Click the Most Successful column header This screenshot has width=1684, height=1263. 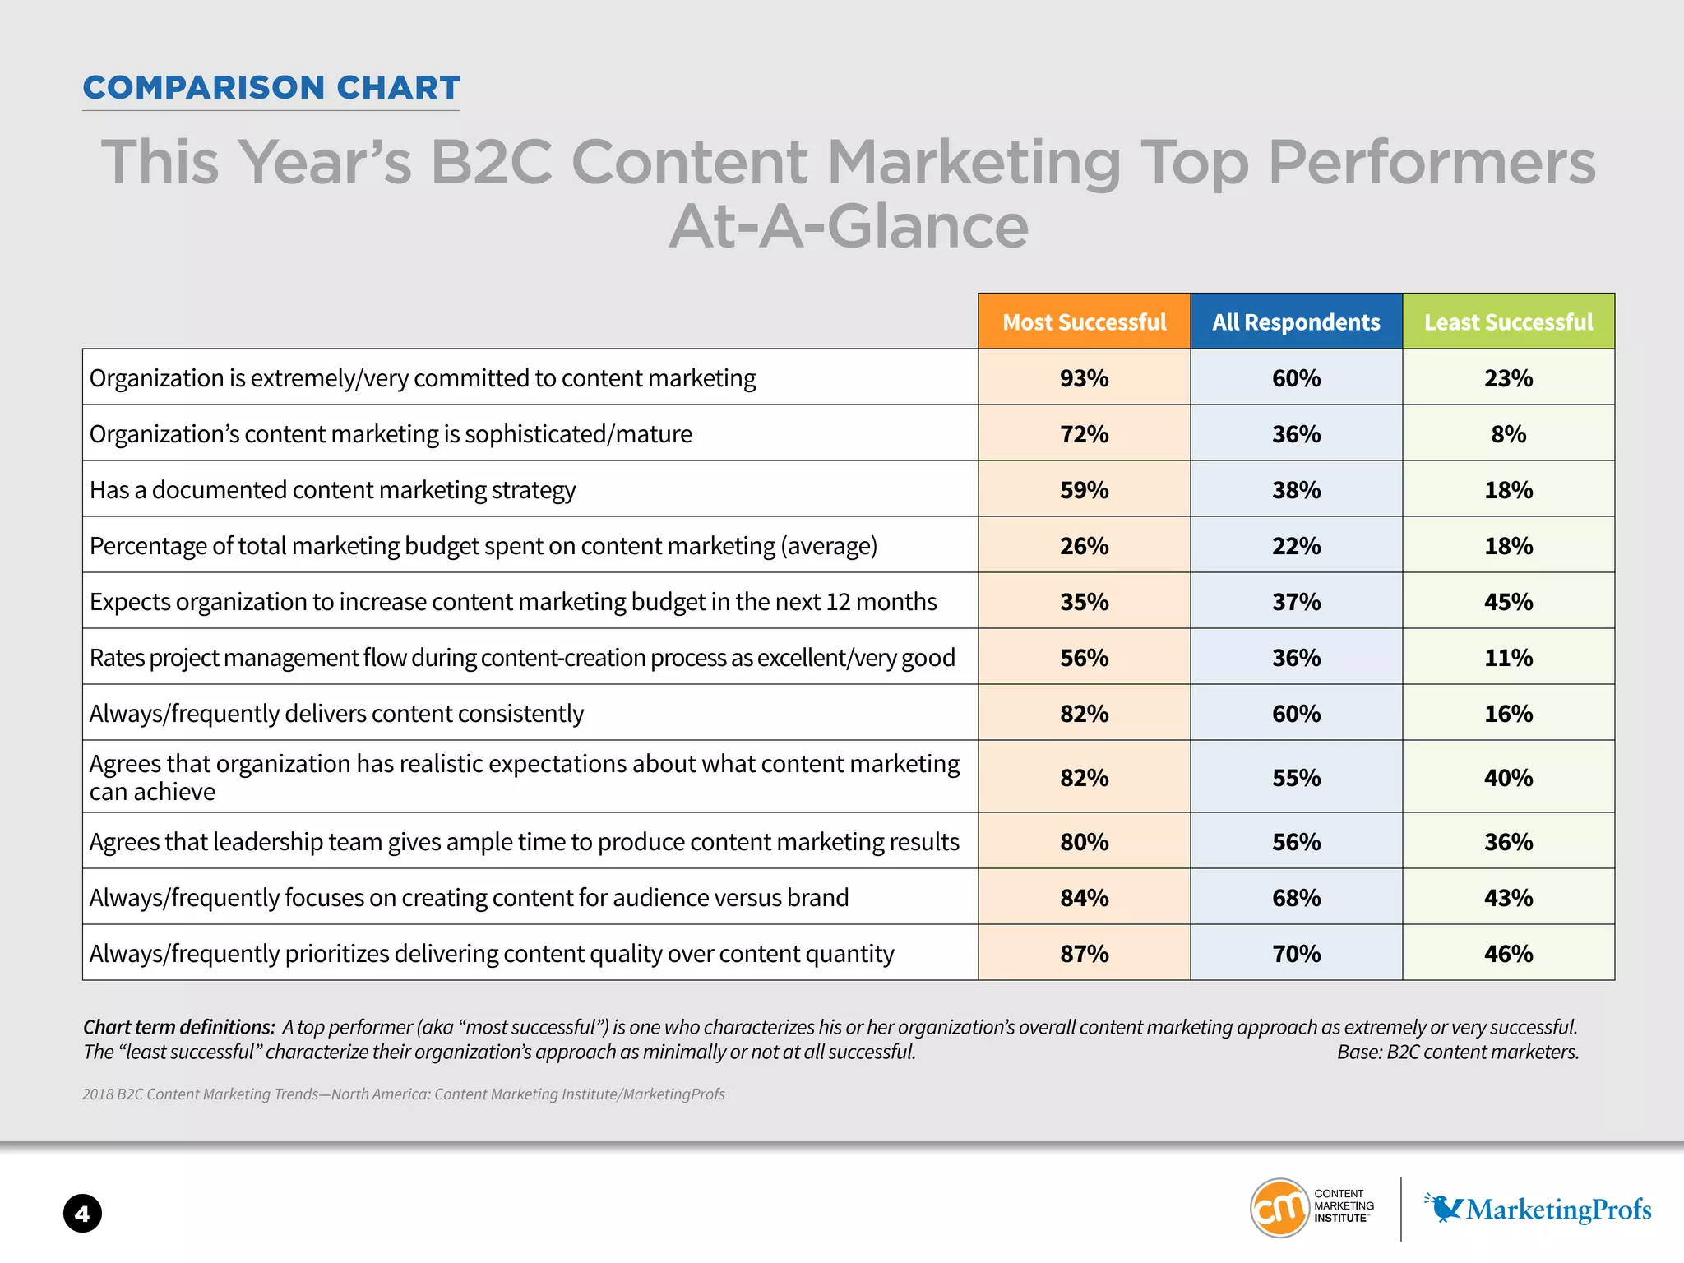pos(1084,322)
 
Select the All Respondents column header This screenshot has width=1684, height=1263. pos(1296,322)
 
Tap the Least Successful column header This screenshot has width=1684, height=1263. pos(1508,322)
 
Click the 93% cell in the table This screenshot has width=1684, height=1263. pos(1084,377)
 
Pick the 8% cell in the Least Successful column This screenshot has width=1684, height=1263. pos(1508,433)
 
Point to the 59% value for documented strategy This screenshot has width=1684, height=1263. pos(1084,489)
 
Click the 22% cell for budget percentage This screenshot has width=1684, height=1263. pos(1296,545)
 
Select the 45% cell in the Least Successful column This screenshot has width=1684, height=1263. pos(1508,601)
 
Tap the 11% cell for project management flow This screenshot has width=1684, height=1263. pos(1508,657)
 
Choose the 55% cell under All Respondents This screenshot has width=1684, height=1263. pos(1296,777)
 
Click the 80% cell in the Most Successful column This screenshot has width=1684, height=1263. pos(1084,841)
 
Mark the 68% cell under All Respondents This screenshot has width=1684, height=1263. pos(1296,897)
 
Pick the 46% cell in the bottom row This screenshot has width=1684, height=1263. pos(1508,953)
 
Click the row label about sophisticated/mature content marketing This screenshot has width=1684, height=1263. pos(391,433)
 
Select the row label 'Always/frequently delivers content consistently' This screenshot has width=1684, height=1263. pos(336,713)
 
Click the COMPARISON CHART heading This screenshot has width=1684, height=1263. pos(271,88)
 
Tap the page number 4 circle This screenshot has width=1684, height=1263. pos(82,1213)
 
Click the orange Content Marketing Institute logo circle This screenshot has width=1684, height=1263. pos(1279,1207)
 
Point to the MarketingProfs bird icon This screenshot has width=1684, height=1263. pos(1444,1207)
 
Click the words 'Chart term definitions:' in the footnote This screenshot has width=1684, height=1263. pos(178,1027)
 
